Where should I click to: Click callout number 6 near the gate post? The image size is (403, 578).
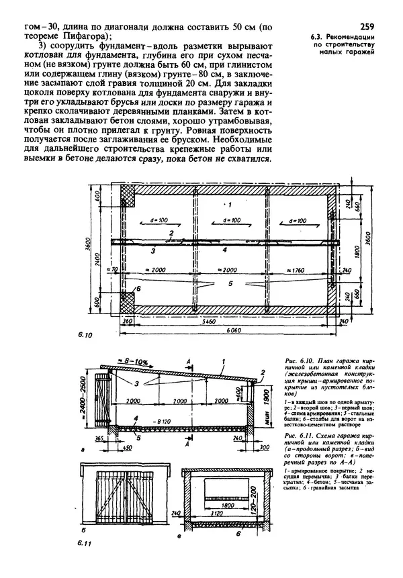pos(138,287)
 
